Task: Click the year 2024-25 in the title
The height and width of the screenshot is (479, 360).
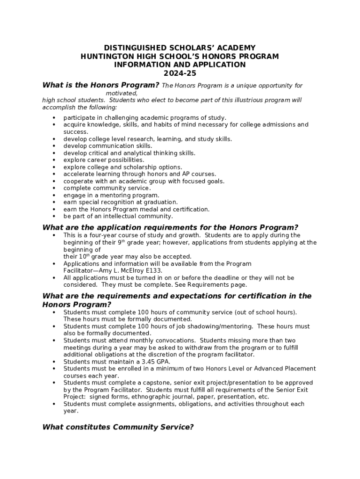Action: coord(180,73)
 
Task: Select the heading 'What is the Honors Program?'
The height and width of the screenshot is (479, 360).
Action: coord(101,85)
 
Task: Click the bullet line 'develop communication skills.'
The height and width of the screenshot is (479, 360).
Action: coord(108,146)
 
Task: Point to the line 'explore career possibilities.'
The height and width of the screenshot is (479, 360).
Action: coord(104,160)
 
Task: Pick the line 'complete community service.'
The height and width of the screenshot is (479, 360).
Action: coord(107,188)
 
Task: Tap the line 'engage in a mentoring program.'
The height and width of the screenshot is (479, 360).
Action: coord(111,195)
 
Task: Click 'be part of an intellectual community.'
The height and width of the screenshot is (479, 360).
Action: coord(118,216)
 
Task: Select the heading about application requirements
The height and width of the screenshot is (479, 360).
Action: coord(170,227)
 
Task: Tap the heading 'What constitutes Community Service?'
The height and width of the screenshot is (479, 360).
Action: coord(118,427)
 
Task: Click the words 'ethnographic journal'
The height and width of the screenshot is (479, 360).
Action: coord(160,397)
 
